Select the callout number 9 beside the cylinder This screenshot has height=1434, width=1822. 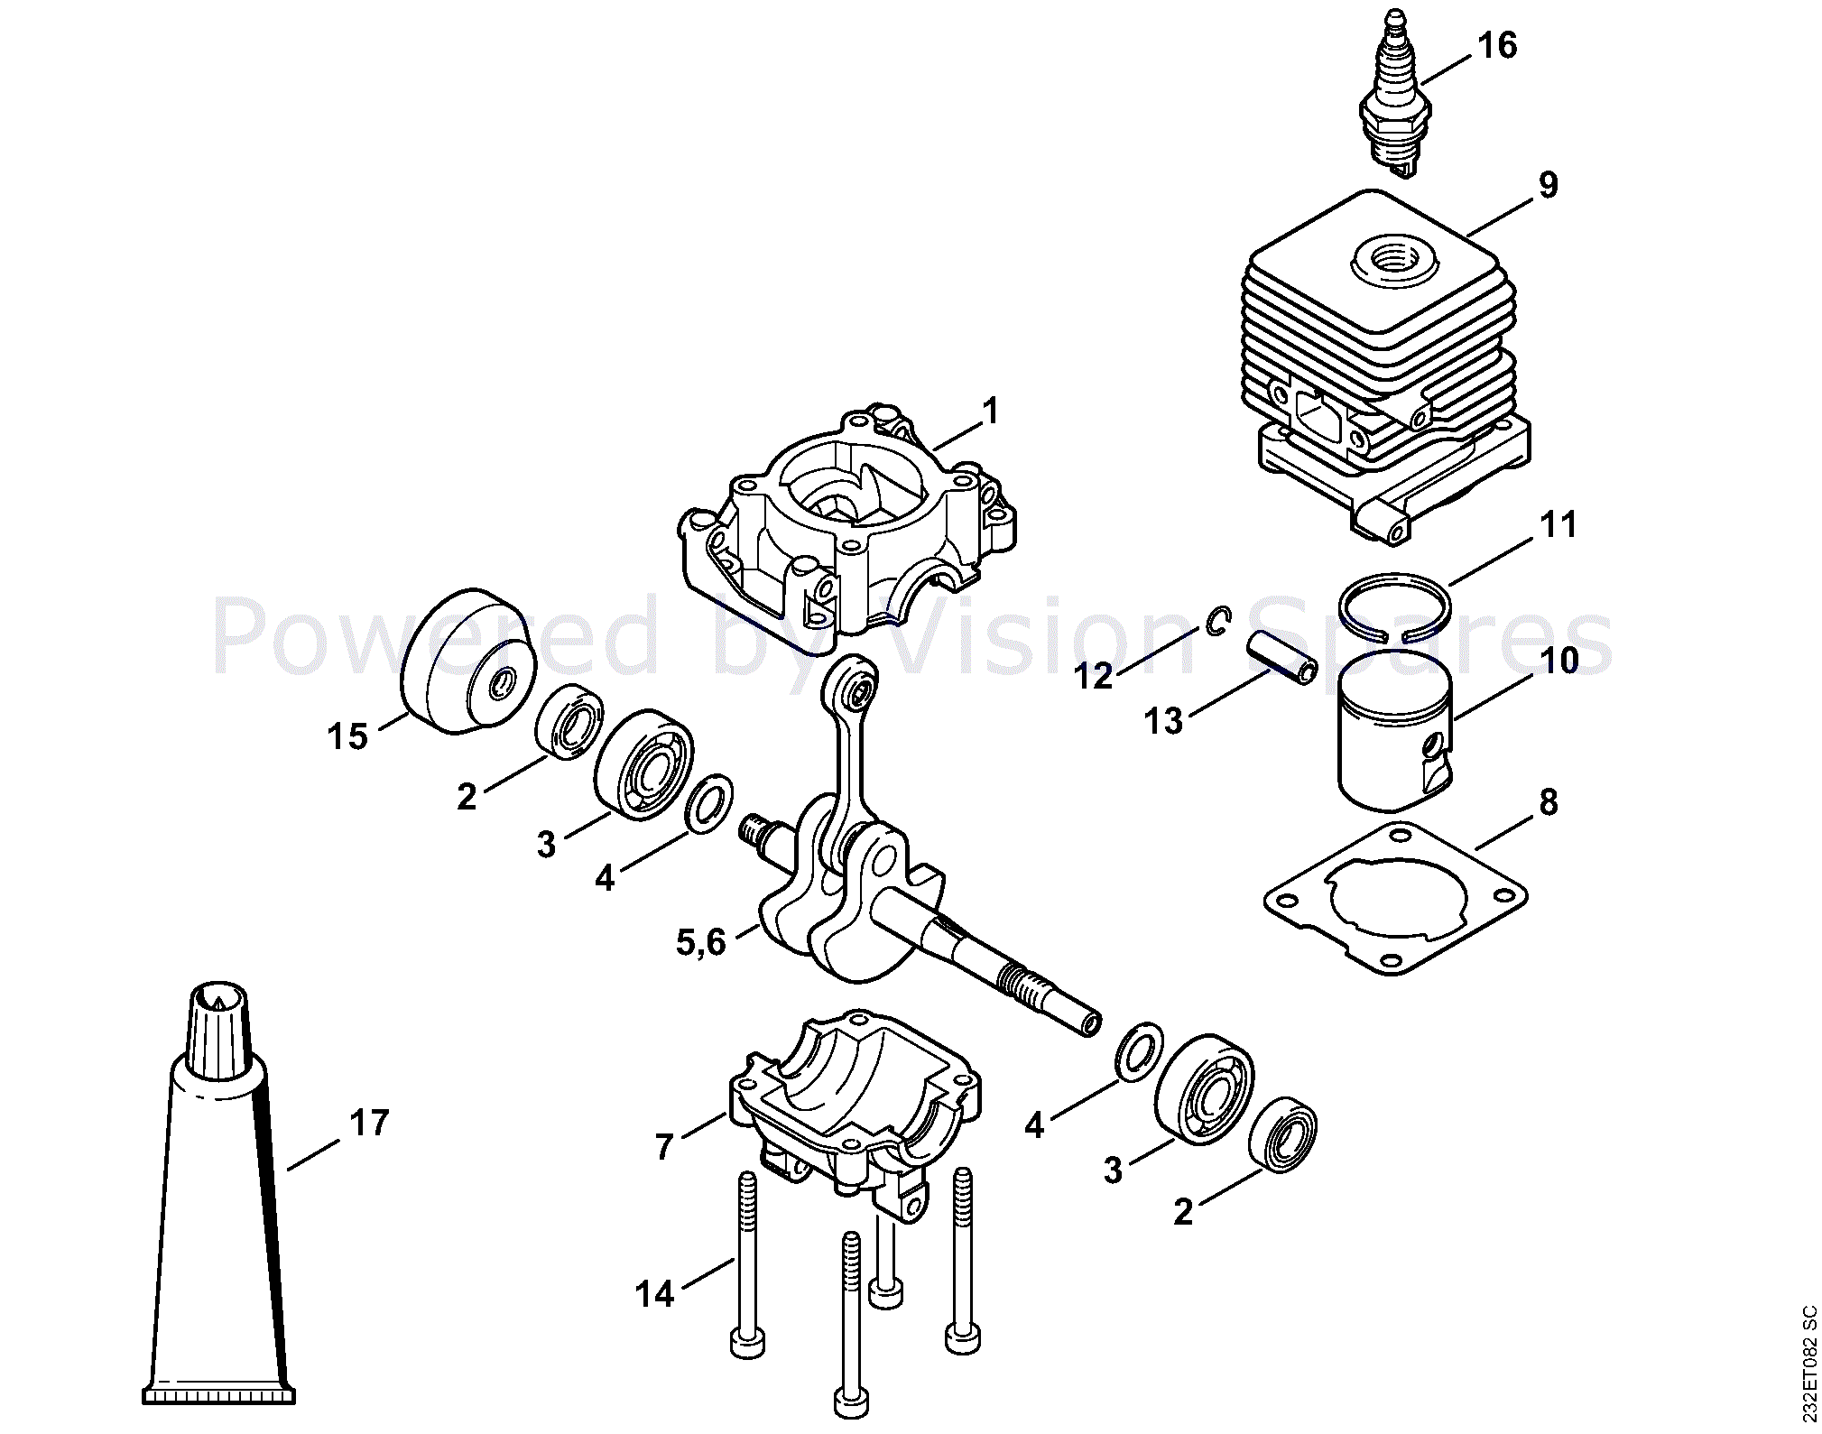tap(1548, 185)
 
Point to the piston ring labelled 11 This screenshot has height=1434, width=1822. tap(1394, 606)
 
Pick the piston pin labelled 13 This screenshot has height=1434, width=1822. tap(1282, 658)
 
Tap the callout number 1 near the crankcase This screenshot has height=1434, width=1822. tap(991, 411)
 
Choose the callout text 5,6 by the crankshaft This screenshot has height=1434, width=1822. tap(700, 942)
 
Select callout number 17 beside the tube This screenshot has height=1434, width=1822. tap(369, 1123)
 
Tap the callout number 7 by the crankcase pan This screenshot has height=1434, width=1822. tap(665, 1146)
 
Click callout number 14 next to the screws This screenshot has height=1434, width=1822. tap(654, 1294)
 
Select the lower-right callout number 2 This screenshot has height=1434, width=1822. tap(1183, 1212)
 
